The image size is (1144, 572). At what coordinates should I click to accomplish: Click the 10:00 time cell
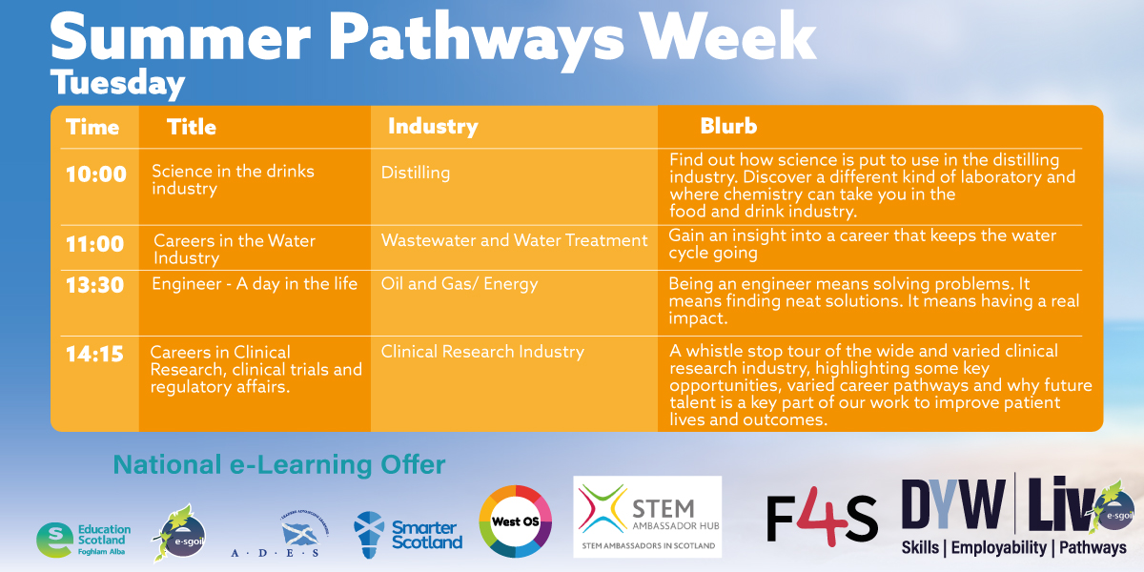coord(95,174)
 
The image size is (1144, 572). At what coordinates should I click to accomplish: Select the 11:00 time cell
coord(95,244)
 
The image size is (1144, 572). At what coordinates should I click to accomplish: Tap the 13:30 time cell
coord(95,284)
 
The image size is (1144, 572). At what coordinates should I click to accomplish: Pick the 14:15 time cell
coord(95,354)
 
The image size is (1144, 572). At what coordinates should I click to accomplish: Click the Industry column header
coord(432,127)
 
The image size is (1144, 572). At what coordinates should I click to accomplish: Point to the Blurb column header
coord(728,127)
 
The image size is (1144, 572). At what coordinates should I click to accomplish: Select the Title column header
coord(192,127)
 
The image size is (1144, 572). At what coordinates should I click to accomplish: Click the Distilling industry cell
coord(416,173)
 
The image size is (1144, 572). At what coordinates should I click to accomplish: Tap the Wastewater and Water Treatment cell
coord(514,240)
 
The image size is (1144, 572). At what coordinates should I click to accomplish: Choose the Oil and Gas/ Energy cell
coord(460,283)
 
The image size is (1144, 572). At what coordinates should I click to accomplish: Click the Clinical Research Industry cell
coord(482,352)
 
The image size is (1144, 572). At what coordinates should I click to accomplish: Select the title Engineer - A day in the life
coord(255,283)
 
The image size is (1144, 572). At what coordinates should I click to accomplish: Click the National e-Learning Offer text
coord(279,465)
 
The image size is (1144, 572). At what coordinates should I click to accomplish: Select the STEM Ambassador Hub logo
coord(647,516)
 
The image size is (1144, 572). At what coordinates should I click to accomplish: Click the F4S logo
coord(822,519)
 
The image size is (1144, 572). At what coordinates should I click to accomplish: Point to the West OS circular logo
coord(515,521)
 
